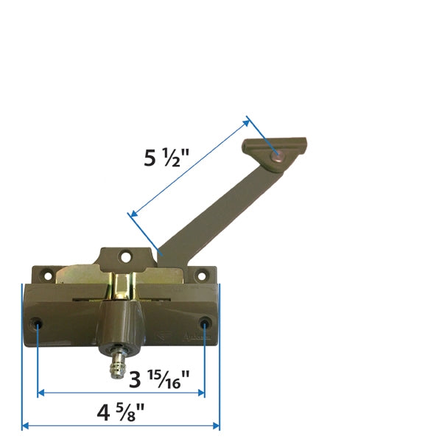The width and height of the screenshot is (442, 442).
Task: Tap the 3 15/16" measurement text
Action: (159, 380)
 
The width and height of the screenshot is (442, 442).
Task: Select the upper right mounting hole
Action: (199, 277)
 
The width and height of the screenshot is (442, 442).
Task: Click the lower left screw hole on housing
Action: (38, 323)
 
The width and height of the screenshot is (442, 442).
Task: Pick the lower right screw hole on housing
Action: (205, 323)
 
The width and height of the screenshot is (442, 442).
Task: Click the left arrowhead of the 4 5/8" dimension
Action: (25, 425)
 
